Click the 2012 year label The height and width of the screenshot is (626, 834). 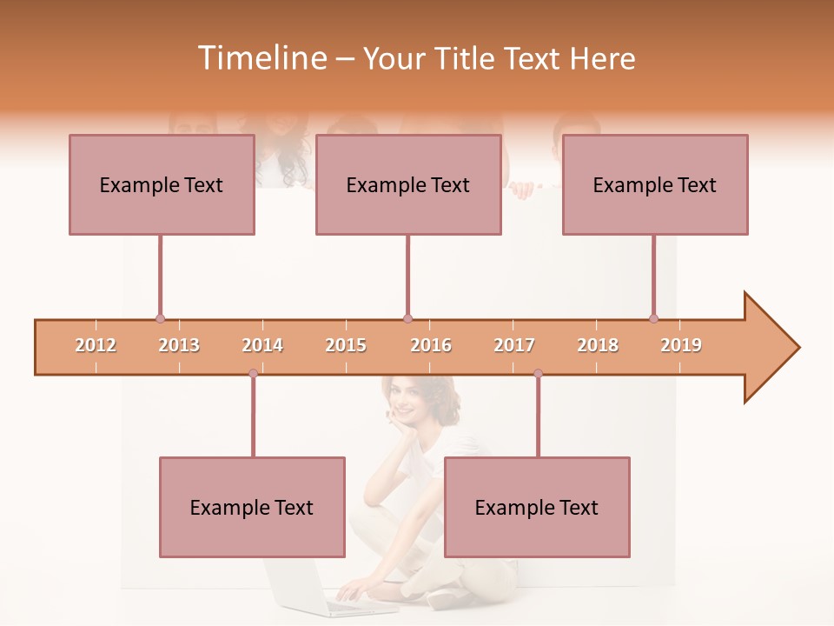pyautogui.click(x=96, y=345)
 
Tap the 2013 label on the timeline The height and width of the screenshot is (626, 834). pyautogui.click(x=179, y=345)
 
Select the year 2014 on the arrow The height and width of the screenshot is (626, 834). pyautogui.click(x=262, y=345)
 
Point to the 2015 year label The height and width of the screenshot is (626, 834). pyautogui.click(x=346, y=345)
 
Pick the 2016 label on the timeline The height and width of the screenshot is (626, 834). pyautogui.click(x=431, y=345)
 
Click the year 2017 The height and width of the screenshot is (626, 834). pyautogui.click(x=514, y=345)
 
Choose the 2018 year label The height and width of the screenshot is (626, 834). pyautogui.click(x=598, y=345)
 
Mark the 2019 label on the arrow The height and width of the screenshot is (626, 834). pyautogui.click(x=681, y=345)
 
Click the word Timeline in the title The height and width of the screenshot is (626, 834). pyautogui.click(x=261, y=58)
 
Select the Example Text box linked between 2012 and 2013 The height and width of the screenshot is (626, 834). pyautogui.click(x=162, y=184)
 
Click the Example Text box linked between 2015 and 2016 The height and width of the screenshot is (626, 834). pyautogui.click(x=408, y=184)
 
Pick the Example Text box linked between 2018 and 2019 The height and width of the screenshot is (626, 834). pyautogui.click(x=655, y=184)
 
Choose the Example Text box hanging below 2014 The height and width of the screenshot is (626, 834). pyautogui.click(x=252, y=507)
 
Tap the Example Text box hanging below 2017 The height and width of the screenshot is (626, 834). pyautogui.click(x=537, y=507)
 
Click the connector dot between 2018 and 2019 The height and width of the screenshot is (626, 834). pyautogui.click(x=653, y=318)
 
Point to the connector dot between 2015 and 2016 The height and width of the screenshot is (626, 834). pyautogui.click(x=407, y=318)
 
